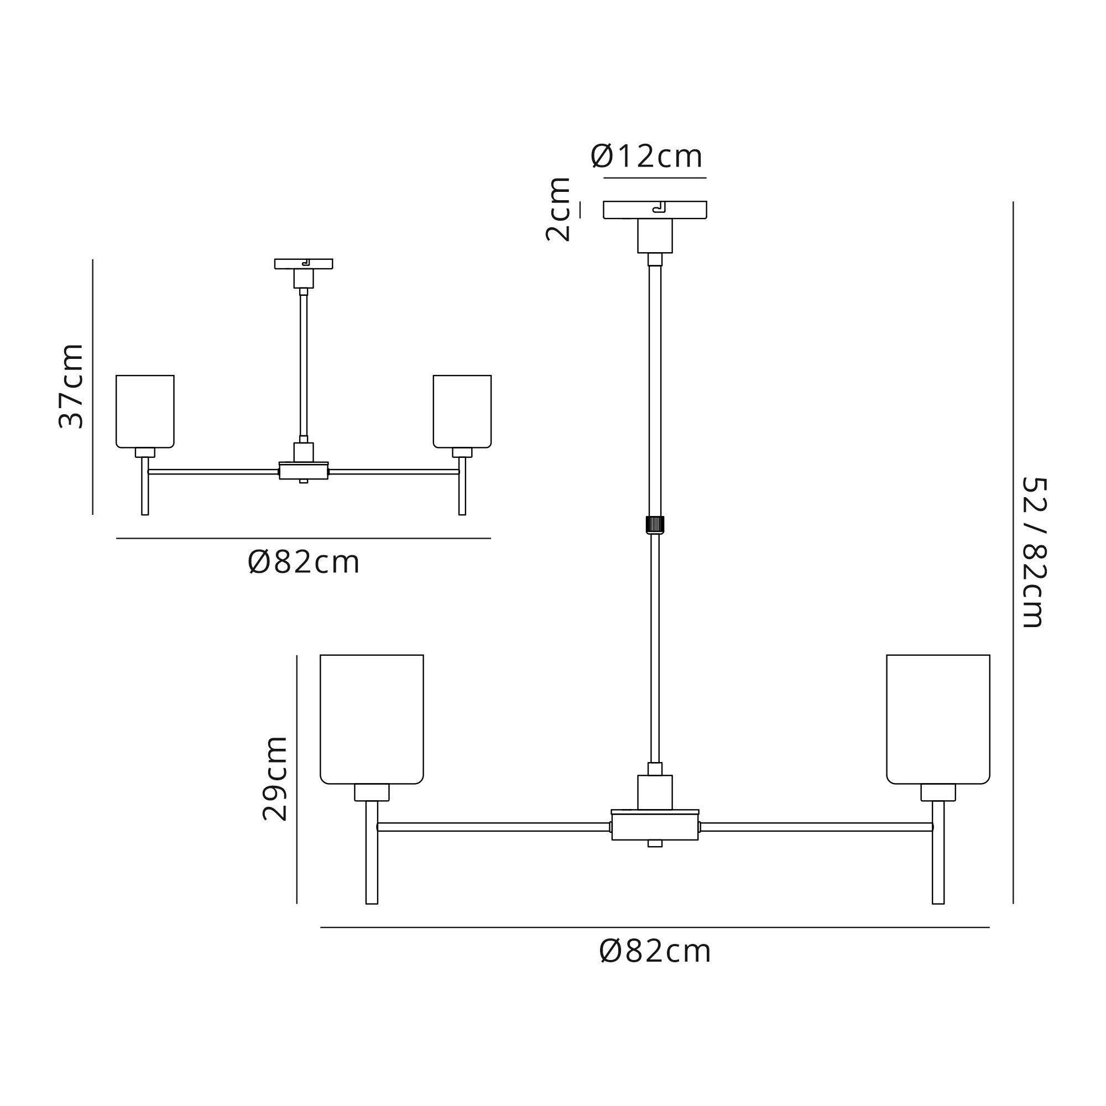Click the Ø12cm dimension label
(646, 156)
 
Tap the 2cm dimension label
(558, 210)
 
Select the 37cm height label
(71, 386)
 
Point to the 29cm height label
(275, 779)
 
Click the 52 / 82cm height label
(1035, 552)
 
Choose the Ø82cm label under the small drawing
(304, 563)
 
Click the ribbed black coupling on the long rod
(655, 524)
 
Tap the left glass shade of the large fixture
(372, 719)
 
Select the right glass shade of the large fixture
(938, 719)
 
